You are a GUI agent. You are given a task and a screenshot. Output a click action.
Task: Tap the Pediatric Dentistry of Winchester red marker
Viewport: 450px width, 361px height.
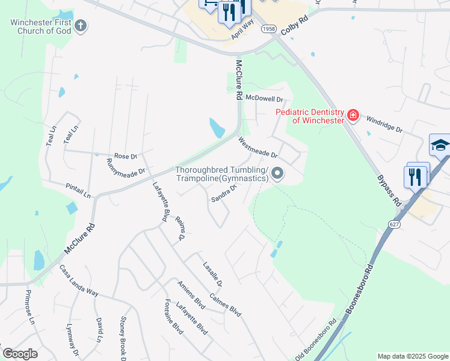[x=353, y=115]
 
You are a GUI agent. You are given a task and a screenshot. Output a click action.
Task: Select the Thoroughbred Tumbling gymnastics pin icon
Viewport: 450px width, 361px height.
[x=277, y=174]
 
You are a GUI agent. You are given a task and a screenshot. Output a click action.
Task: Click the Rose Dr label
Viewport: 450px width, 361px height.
[x=126, y=156]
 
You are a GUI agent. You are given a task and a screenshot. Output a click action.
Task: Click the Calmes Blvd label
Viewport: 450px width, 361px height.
[x=226, y=305]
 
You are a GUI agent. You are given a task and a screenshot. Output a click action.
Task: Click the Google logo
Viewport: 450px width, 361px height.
[x=20, y=353]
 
